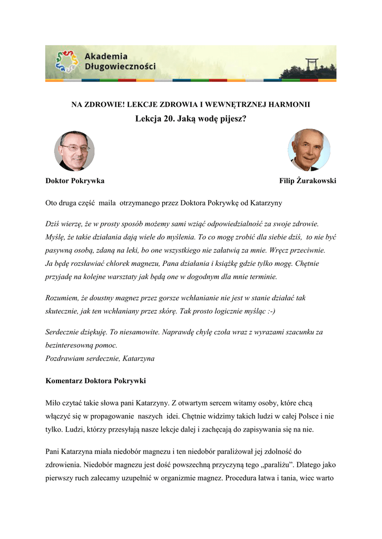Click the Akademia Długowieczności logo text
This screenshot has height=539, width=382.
click(x=120, y=62)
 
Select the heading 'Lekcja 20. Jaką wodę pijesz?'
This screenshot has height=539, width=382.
click(x=190, y=118)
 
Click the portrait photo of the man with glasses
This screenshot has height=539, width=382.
click(x=74, y=151)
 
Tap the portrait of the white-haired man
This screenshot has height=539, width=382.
click(x=309, y=150)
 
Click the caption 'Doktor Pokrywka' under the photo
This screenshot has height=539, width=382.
click(x=75, y=181)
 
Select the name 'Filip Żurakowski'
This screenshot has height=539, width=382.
click(x=308, y=181)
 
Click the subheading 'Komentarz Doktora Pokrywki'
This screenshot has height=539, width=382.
click(x=96, y=381)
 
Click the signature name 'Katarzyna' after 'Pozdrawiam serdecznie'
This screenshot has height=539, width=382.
click(x=138, y=358)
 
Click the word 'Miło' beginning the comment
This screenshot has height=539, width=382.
click(x=54, y=403)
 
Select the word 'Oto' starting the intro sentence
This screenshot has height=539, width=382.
click(x=53, y=202)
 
